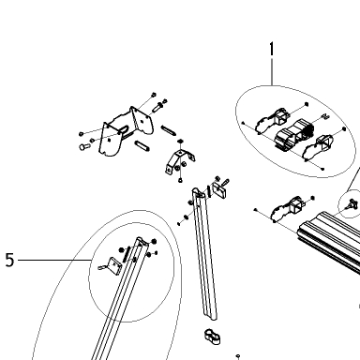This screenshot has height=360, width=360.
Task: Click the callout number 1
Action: (272, 49)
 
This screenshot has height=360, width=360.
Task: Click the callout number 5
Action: (10, 260)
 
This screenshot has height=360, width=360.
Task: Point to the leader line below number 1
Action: (272, 71)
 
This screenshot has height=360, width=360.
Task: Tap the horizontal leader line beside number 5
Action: (54, 260)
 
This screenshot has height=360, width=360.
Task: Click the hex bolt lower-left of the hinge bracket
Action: (83, 146)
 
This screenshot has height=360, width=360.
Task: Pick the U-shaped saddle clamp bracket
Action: (179, 160)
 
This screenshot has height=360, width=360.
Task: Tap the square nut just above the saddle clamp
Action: (180, 142)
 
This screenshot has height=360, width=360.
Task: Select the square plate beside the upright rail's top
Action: (219, 190)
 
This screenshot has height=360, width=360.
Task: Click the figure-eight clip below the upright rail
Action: (213, 337)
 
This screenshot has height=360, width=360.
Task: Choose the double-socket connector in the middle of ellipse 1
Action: (293, 133)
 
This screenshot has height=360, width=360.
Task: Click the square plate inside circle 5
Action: (113, 265)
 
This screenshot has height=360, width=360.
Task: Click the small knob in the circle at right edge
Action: (352, 204)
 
